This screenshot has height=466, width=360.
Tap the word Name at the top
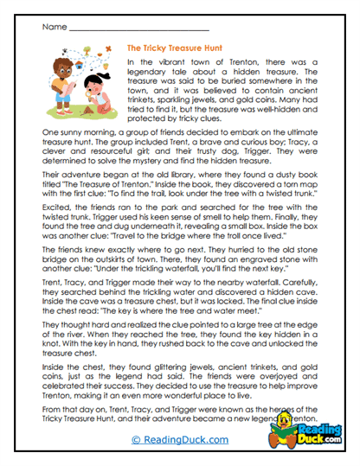(x=53, y=27)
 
